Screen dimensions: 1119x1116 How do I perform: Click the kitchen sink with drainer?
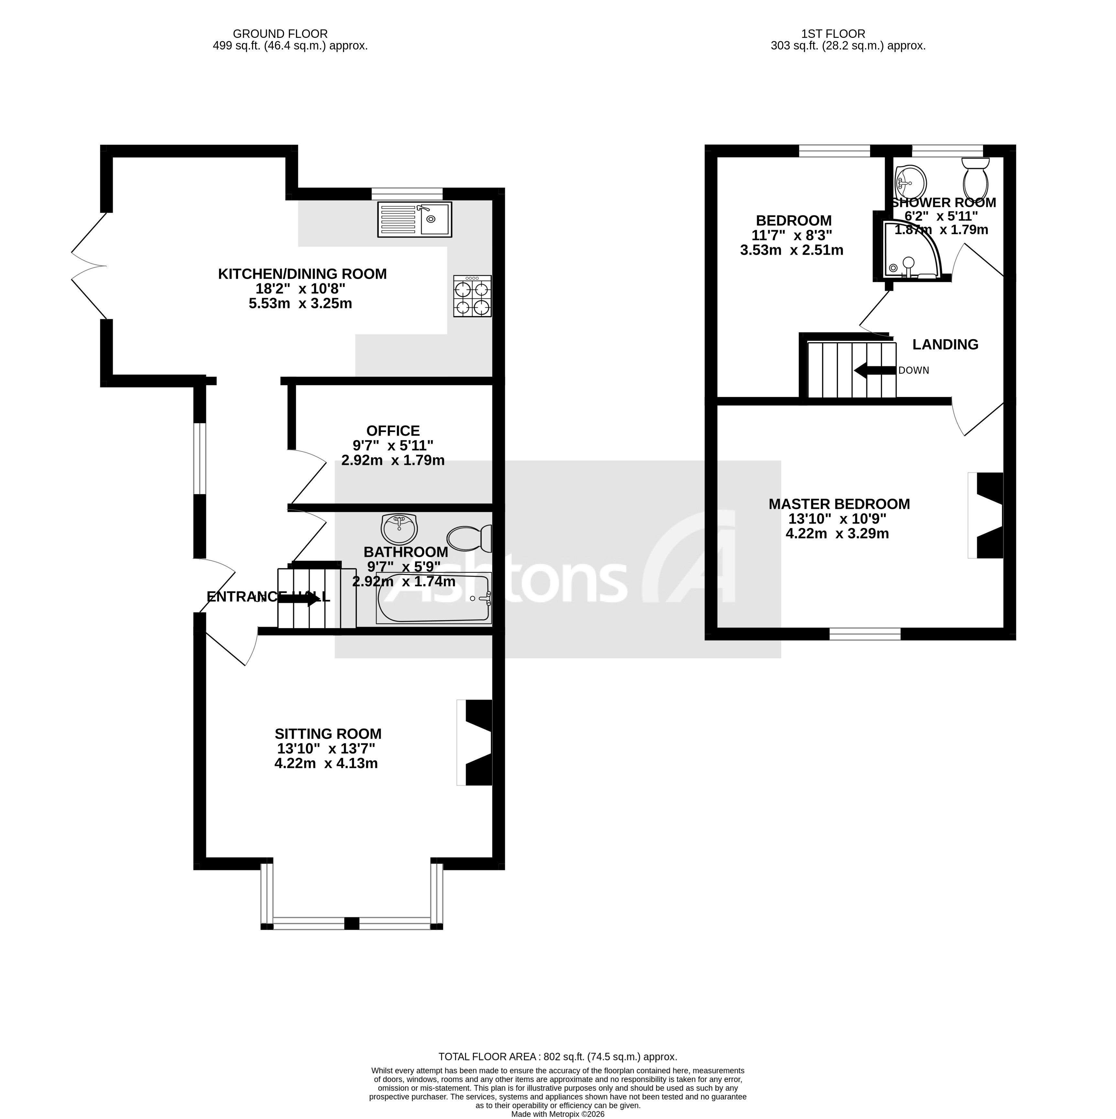pyautogui.click(x=414, y=220)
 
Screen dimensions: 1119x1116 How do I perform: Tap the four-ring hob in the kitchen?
pyautogui.click(x=472, y=296)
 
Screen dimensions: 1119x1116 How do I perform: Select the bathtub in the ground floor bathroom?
pyautogui.click(x=433, y=599)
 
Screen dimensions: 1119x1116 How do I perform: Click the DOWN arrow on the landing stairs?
pyautogui.click(x=875, y=371)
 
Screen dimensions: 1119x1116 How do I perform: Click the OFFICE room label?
pyautogui.click(x=393, y=431)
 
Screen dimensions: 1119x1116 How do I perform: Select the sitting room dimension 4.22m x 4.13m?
pyautogui.click(x=326, y=763)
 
